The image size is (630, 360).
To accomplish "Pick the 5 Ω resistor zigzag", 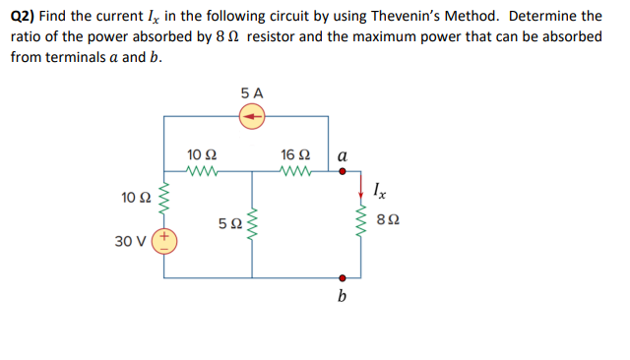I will [254, 224].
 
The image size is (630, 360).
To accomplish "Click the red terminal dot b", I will [343, 277].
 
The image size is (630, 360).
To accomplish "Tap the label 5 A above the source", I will [253, 93].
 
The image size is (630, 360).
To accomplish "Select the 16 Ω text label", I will [295, 154].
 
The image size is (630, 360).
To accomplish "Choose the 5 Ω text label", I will [227, 225].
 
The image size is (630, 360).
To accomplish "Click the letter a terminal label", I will [342, 154].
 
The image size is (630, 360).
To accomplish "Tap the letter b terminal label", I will [343, 296].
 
